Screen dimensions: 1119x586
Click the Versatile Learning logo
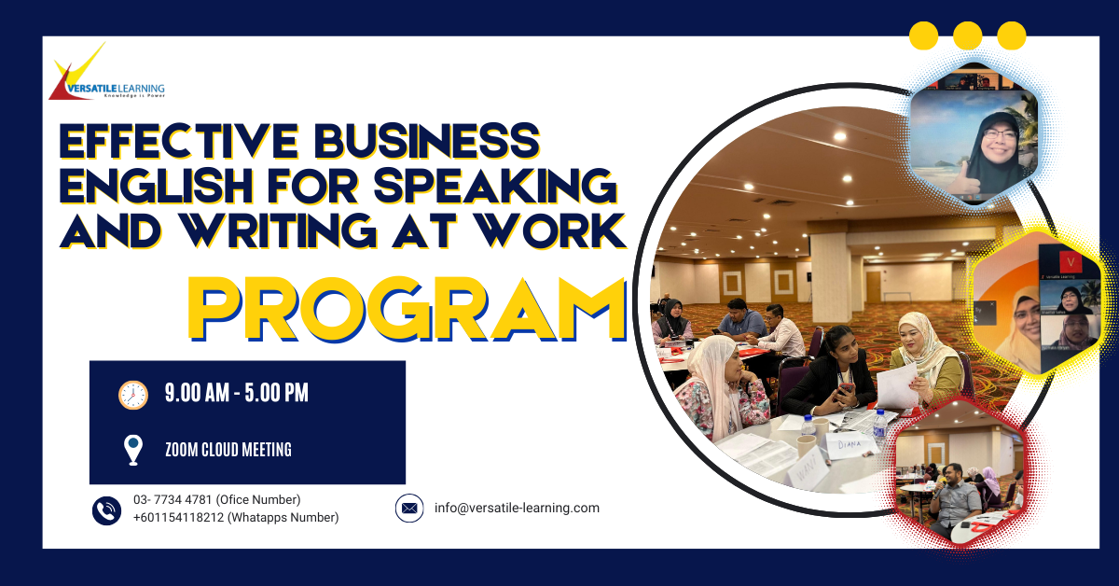106,72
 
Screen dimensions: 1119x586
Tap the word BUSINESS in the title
427,141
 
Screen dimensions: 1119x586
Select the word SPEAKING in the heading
495,186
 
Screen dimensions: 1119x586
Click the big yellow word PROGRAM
408,309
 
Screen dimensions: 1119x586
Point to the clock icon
132,395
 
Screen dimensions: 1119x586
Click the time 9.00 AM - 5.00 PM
236,393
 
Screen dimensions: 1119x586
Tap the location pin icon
132,450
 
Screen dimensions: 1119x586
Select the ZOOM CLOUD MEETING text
228,450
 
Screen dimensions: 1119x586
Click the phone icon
106,510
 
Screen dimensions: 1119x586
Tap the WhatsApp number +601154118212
178,518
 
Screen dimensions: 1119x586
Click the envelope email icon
409,508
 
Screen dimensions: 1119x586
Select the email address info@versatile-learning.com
517,508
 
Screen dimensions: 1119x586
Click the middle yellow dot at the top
968,35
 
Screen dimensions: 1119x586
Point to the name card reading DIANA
850,444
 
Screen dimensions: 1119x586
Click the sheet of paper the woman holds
897,386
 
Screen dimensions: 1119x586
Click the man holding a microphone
953,500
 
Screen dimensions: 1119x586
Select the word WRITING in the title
279,230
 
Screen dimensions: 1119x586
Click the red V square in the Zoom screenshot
1071,262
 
